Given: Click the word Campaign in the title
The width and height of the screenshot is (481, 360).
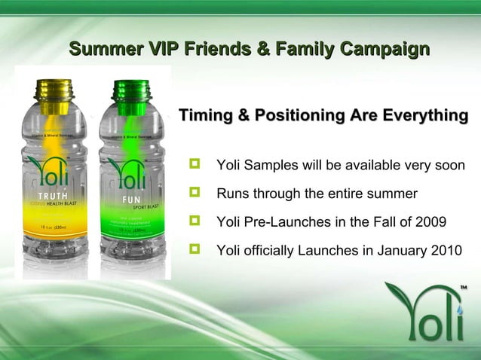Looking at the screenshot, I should (x=385, y=50).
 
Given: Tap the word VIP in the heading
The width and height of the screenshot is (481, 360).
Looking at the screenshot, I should (x=165, y=50).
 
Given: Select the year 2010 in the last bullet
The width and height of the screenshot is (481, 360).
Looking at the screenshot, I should (x=440, y=251).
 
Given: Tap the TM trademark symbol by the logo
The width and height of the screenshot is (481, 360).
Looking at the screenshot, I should (x=464, y=287).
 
